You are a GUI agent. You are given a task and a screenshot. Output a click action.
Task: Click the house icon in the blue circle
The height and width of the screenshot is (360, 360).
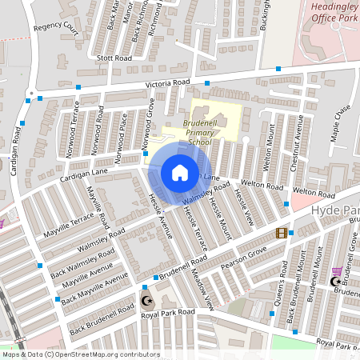tap(179, 173)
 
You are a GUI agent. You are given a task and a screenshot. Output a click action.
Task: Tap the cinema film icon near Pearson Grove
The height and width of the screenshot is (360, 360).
tap(281, 233)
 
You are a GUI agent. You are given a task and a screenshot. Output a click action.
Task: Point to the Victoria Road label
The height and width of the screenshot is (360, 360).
tap(167, 83)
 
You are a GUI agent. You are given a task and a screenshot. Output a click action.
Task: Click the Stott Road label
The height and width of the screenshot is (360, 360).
tap(113, 58)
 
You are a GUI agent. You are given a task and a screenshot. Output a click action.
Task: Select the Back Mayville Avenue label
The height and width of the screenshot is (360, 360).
tap(94, 289)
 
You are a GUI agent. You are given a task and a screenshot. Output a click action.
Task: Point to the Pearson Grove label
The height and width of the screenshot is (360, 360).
tap(243, 257)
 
